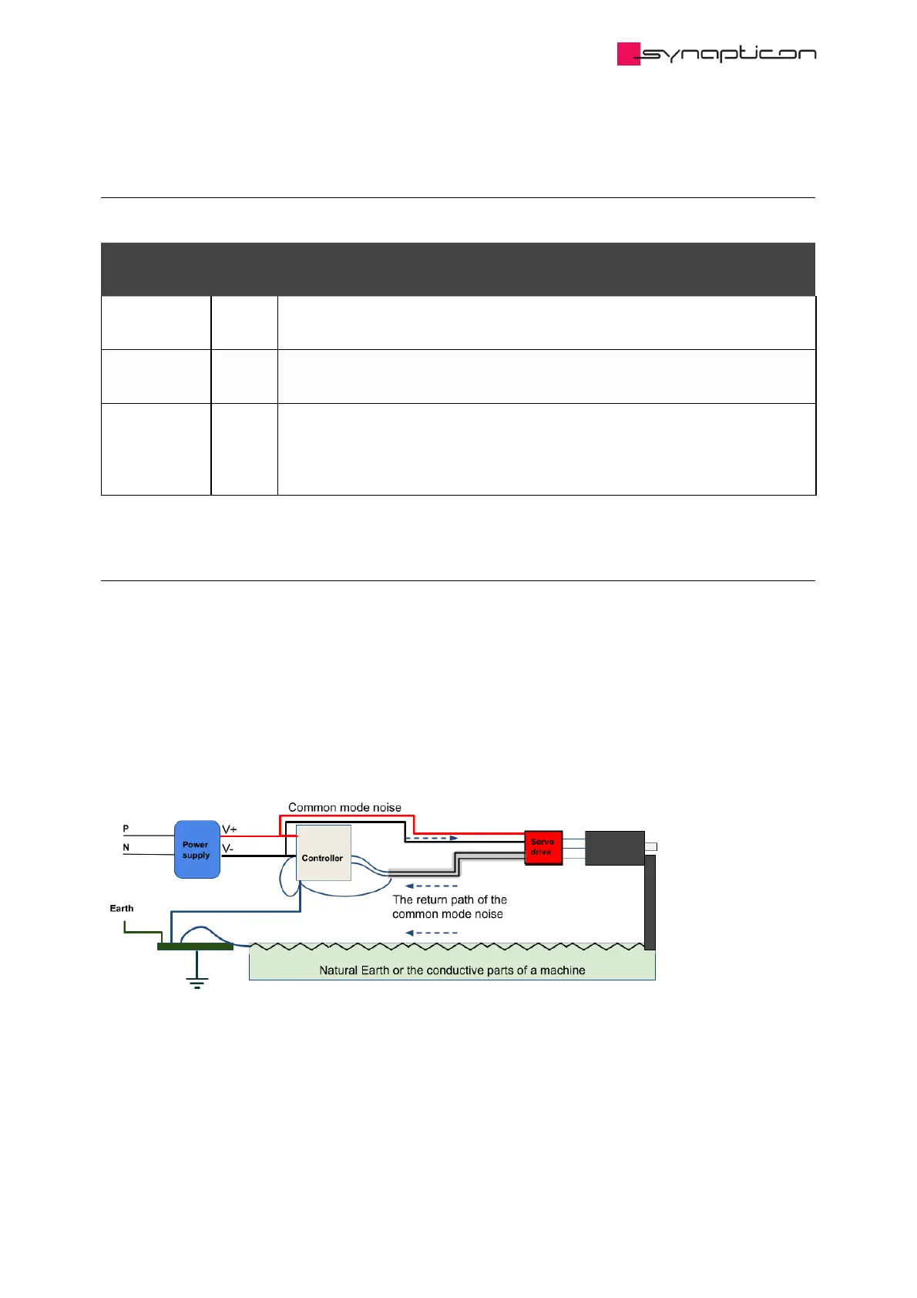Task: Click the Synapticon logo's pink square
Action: coord(628,54)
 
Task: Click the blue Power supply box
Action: coord(197,849)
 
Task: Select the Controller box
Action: coord(324,853)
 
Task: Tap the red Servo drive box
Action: coord(543,847)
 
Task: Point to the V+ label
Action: coord(230,829)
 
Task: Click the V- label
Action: coord(228,848)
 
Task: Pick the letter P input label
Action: coord(126,829)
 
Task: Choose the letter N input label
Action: coord(126,847)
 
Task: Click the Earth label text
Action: coord(122,908)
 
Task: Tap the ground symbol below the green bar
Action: coord(197,980)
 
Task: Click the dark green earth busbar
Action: coord(195,947)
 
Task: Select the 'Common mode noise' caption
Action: coord(344,808)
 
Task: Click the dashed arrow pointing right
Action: coord(432,838)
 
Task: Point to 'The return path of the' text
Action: coord(449,900)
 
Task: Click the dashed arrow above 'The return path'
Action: coord(432,886)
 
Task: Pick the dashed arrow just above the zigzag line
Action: coord(432,933)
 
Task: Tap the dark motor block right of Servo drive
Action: coord(614,848)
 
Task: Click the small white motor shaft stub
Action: coord(650,847)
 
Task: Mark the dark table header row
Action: coord(458,269)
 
